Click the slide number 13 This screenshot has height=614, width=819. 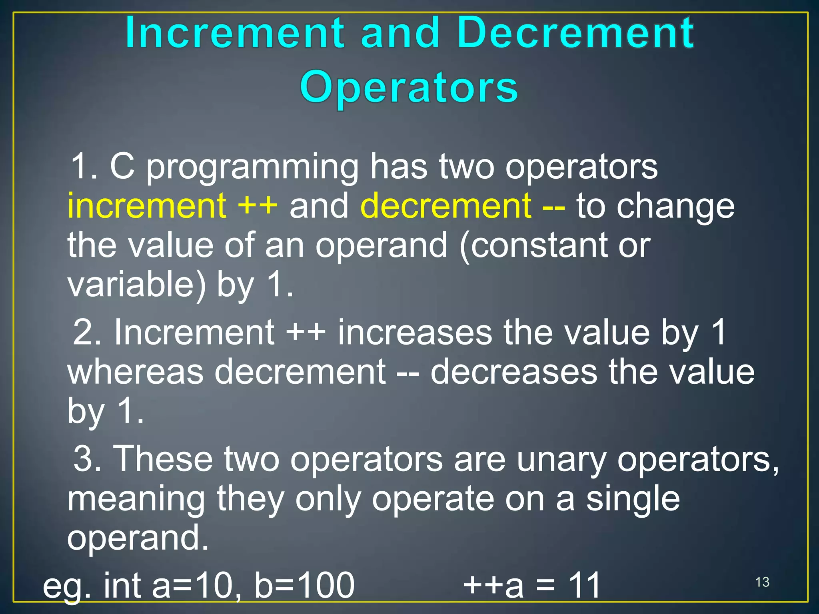pyautogui.click(x=762, y=582)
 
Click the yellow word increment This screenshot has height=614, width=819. pyautogui.click(x=147, y=206)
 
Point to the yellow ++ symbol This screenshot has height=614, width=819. pyautogui.click(x=258, y=207)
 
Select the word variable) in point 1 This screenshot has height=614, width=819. pyautogui.click(x=136, y=285)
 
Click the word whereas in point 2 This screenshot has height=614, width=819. pyautogui.click(x=135, y=372)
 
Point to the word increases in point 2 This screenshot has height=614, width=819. pyautogui.click(x=415, y=333)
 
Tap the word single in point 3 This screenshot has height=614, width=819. pyautogui.click(x=633, y=500)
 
